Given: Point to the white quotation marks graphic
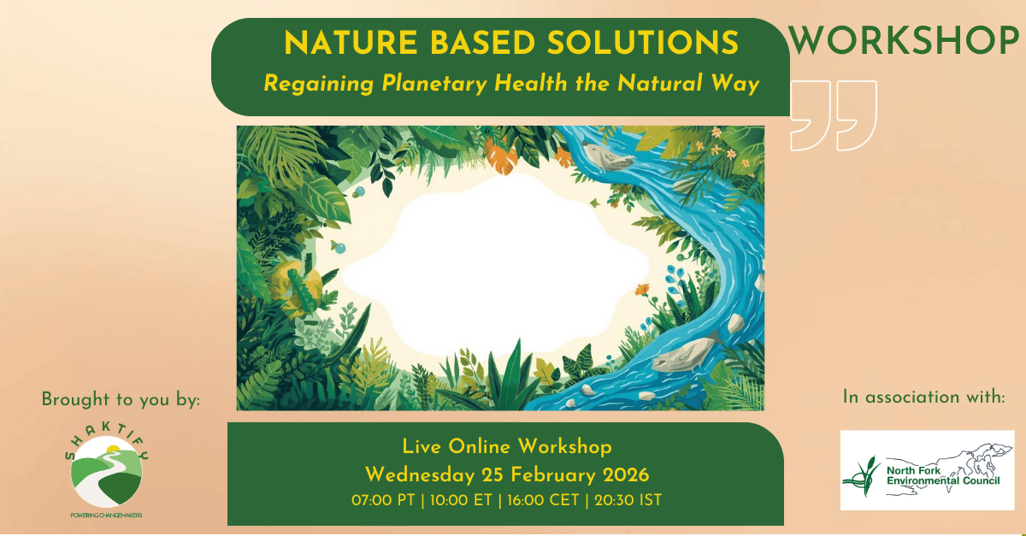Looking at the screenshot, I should pos(834,115).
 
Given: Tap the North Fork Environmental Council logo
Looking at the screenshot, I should pos(927,470).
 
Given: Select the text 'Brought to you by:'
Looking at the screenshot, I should pos(120,399).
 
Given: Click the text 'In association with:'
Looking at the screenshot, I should pos(924,397).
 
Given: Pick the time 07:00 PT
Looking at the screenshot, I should pos(383,499).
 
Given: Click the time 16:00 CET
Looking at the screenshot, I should pos(540,499).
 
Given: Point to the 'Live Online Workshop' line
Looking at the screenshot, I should pos(506,447).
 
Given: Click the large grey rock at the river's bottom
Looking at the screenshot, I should pos(684,351).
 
